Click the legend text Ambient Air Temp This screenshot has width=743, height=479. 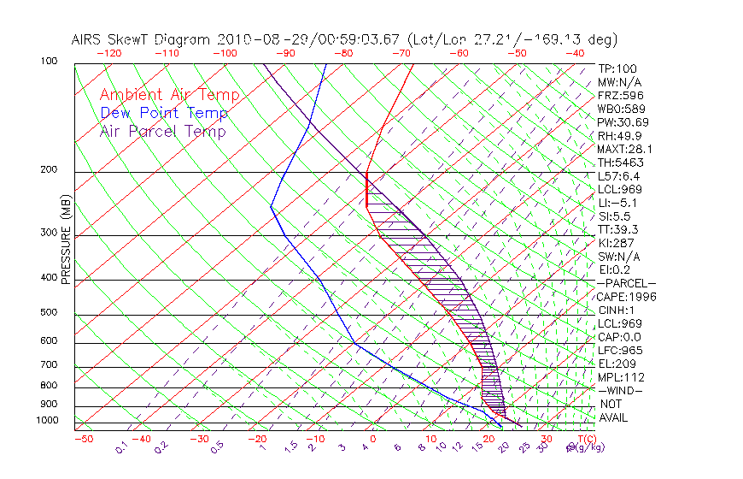coord(169,96)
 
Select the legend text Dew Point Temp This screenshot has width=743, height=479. coord(164,114)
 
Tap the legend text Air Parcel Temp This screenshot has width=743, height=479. coord(162,132)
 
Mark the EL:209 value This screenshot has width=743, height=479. coord(614,364)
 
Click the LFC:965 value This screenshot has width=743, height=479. coord(617,351)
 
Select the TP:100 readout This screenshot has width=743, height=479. coord(617,69)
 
